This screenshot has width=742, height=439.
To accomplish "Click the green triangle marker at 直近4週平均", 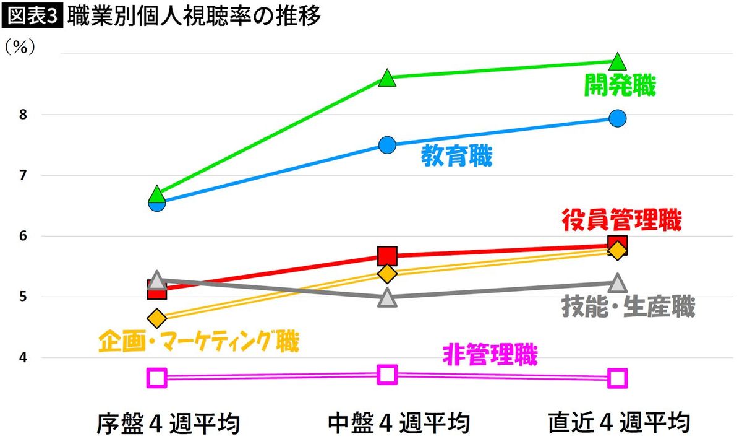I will [618, 62].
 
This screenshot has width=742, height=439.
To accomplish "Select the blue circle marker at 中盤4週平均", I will [387, 145].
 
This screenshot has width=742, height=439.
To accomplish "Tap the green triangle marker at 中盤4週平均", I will [387, 78].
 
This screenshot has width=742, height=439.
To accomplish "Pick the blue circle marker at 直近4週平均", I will [618, 118].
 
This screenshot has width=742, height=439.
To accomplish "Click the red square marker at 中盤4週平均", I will [387, 255].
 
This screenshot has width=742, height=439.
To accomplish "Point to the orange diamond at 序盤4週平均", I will [157, 319].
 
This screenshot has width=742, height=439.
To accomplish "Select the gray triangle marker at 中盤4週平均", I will [387, 298].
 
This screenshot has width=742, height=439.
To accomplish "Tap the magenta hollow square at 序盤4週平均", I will [157, 377].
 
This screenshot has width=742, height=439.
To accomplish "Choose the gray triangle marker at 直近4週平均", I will [618, 284].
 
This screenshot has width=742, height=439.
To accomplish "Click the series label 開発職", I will [620, 85].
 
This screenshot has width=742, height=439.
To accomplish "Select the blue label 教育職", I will [456, 156].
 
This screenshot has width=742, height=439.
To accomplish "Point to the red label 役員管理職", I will [622, 220].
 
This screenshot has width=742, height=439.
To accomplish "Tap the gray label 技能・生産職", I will [628, 306].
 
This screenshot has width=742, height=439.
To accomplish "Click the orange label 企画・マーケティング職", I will [198, 341].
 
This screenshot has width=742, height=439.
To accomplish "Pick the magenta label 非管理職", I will [490, 355].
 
